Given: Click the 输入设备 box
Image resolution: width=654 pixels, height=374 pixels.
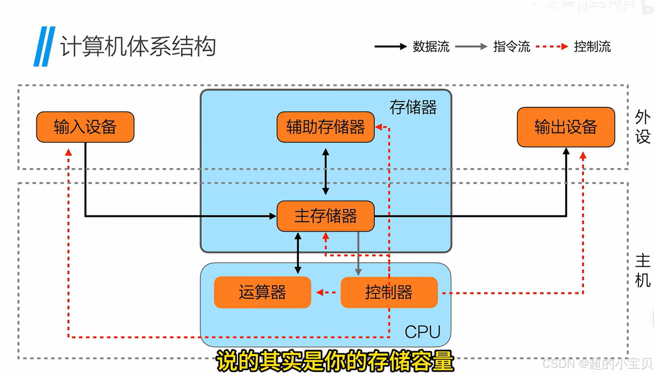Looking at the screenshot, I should (x=85, y=127).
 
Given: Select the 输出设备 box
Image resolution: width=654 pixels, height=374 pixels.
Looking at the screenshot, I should (x=566, y=127).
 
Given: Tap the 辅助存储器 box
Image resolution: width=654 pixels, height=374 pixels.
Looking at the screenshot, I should (x=325, y=127).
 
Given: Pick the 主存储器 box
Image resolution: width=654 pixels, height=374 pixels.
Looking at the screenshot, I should (x=325, y=216).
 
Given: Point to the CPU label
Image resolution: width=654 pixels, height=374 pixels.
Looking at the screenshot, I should (x=422, y=332).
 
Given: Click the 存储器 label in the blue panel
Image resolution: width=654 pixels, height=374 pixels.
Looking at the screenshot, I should (x=413, y=107).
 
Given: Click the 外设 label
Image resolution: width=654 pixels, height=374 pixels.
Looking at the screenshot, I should (x=642, y=127).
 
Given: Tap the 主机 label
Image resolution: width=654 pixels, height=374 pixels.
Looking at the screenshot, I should (x=642, y=271).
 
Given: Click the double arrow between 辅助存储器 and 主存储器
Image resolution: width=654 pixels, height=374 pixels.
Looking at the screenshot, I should (x=326, y=172).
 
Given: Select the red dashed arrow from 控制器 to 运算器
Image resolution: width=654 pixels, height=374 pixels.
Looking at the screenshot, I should (x=326, y=292).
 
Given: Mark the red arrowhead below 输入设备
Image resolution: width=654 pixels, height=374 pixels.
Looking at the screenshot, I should (x=69, y=153).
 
